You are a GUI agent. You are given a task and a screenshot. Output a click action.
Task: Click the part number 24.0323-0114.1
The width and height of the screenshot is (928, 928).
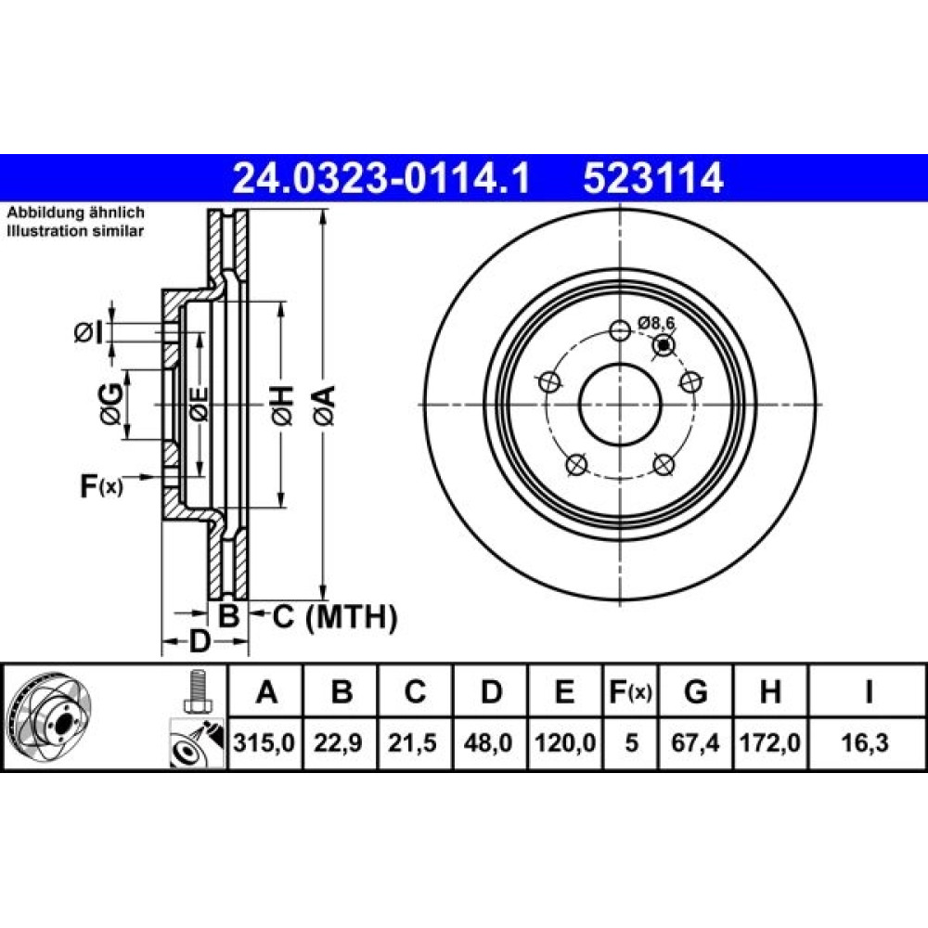pos(381,178)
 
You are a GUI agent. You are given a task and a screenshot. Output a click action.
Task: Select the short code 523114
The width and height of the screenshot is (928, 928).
pos(652,178)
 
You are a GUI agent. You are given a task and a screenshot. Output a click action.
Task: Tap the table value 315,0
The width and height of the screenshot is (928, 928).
pos(264,742)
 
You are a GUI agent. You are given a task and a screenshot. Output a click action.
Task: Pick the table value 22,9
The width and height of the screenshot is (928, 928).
pos(338,742)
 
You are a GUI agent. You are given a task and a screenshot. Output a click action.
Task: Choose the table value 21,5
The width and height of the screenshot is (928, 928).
pos(413,742)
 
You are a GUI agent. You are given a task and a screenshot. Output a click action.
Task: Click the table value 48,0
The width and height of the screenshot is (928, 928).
pos(488,742)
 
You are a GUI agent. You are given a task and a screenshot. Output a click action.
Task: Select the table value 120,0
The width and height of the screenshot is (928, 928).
pos(564,742)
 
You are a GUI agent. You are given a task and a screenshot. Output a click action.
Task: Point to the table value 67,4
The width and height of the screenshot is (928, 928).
pos(695,742)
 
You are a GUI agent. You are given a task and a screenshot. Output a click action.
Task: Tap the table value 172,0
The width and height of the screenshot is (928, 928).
pos(770,742)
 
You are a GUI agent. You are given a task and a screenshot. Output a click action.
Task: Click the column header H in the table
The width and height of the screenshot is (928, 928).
pos(770,691)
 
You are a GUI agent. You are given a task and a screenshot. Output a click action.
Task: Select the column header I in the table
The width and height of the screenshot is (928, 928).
pos(869,691)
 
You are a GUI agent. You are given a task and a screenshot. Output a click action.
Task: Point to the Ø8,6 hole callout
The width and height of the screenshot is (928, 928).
pos(656,323)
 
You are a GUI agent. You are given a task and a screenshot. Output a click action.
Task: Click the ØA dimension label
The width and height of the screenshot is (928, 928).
pos(325,405)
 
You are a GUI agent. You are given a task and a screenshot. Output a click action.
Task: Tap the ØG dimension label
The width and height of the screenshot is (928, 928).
pos(111,405)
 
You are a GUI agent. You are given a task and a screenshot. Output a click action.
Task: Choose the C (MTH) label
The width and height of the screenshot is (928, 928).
pos(334,617)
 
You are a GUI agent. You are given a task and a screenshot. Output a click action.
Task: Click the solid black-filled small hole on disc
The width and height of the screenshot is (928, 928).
pos(664,344)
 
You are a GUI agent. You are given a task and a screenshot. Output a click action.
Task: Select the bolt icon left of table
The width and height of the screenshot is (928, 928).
pos(196,691)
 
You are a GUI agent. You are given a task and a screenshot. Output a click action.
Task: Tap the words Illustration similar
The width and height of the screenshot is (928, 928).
pos(75,231)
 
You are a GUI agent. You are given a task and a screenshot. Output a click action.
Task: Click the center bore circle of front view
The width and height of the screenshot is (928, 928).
pos(619,364)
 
